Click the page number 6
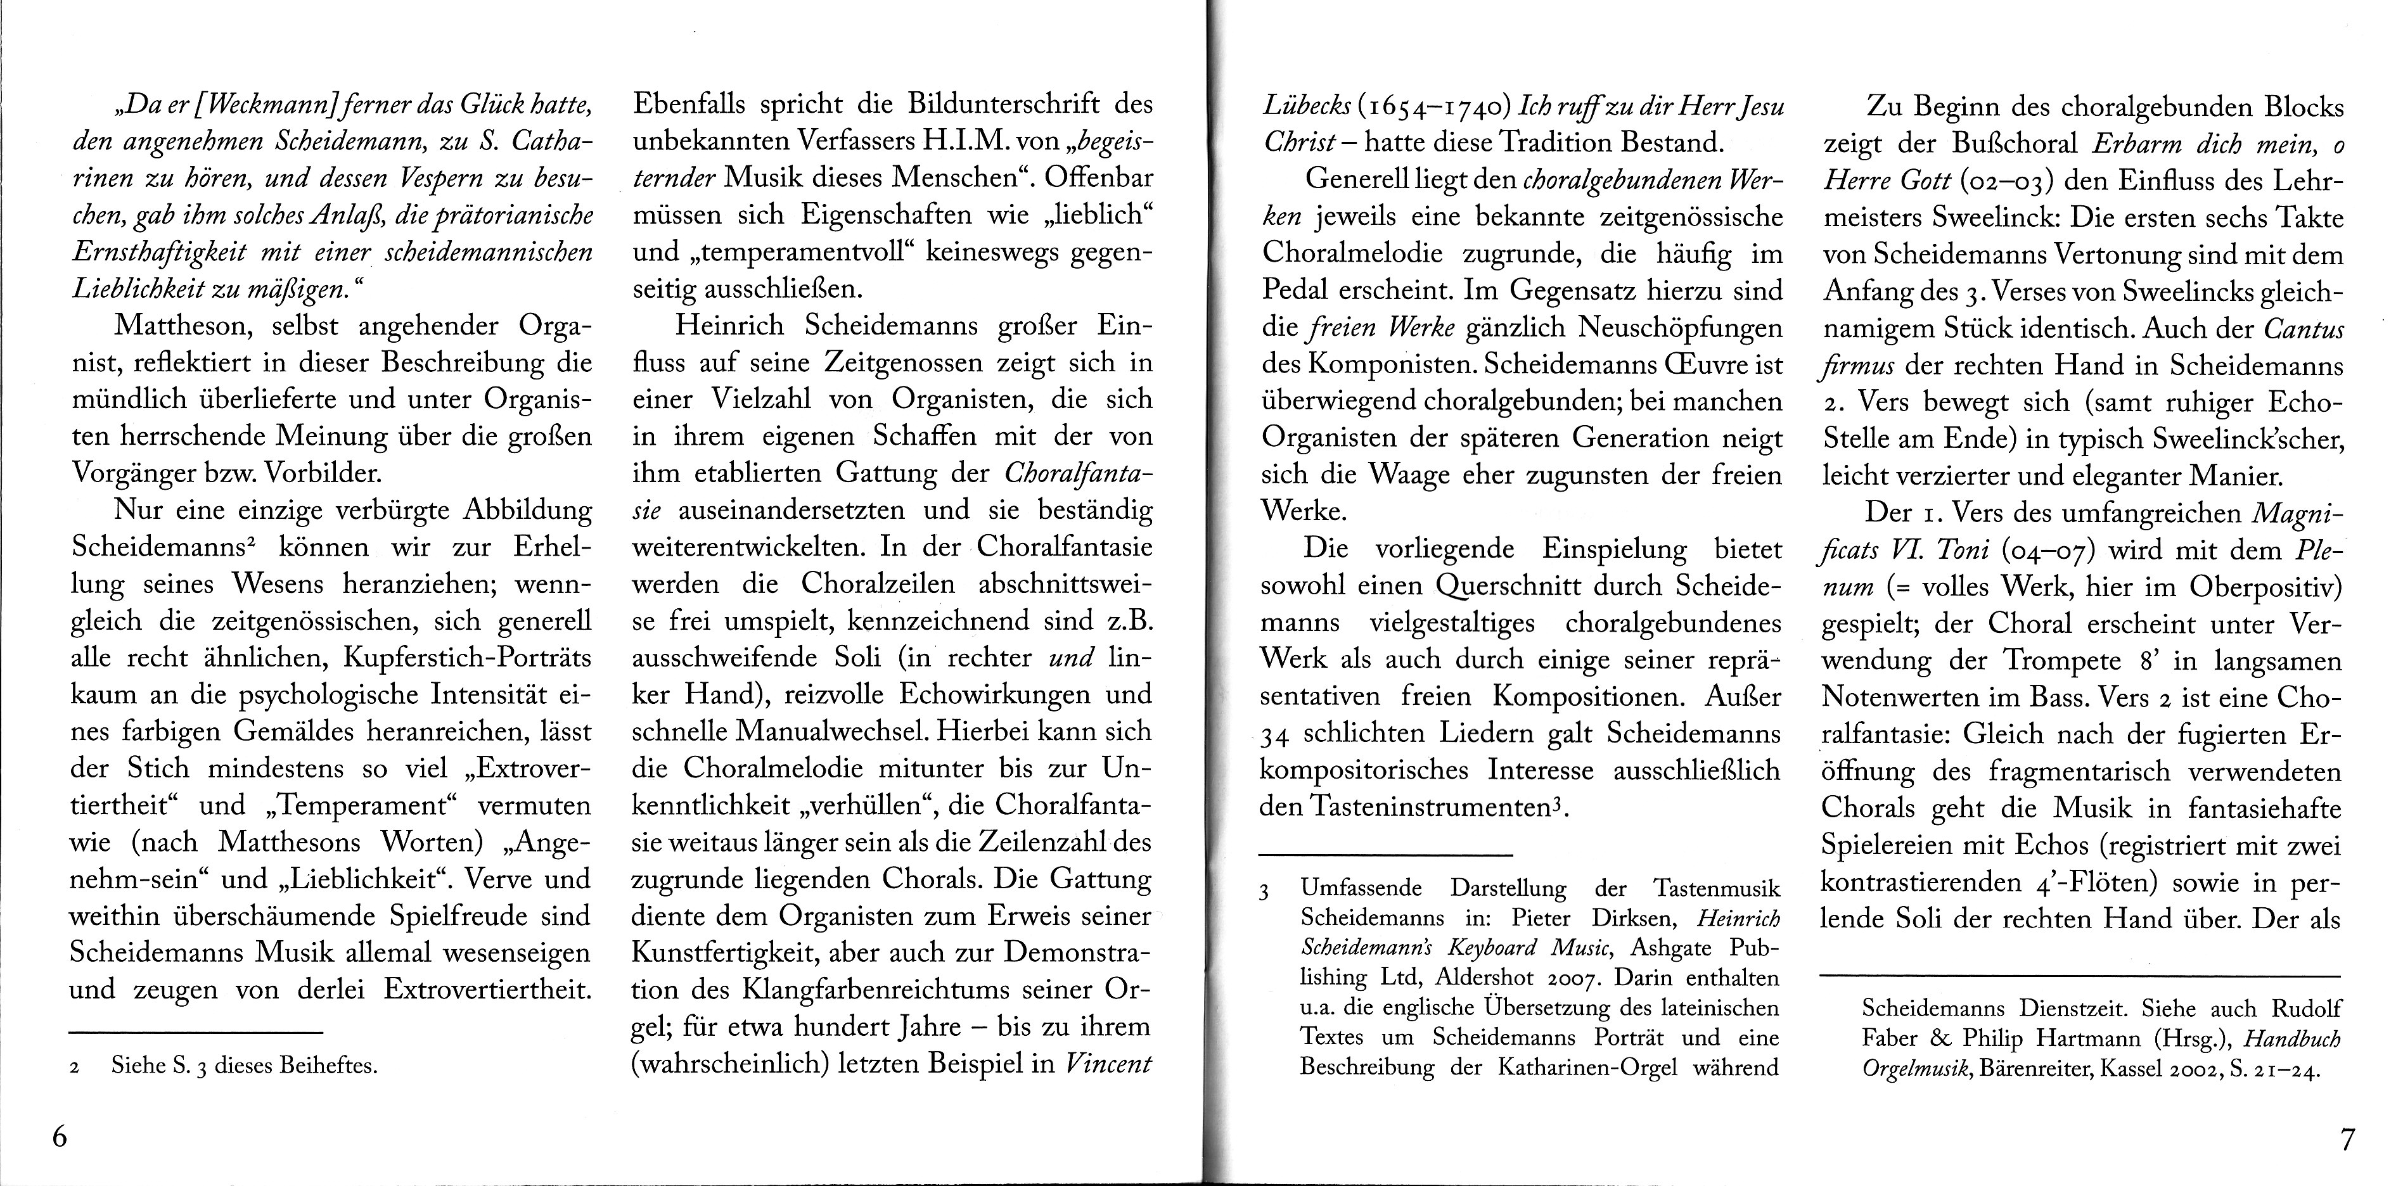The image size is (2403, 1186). point(60,1138)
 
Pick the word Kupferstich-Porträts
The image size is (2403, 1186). point(467,658)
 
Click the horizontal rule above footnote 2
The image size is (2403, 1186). point(196,1032)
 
